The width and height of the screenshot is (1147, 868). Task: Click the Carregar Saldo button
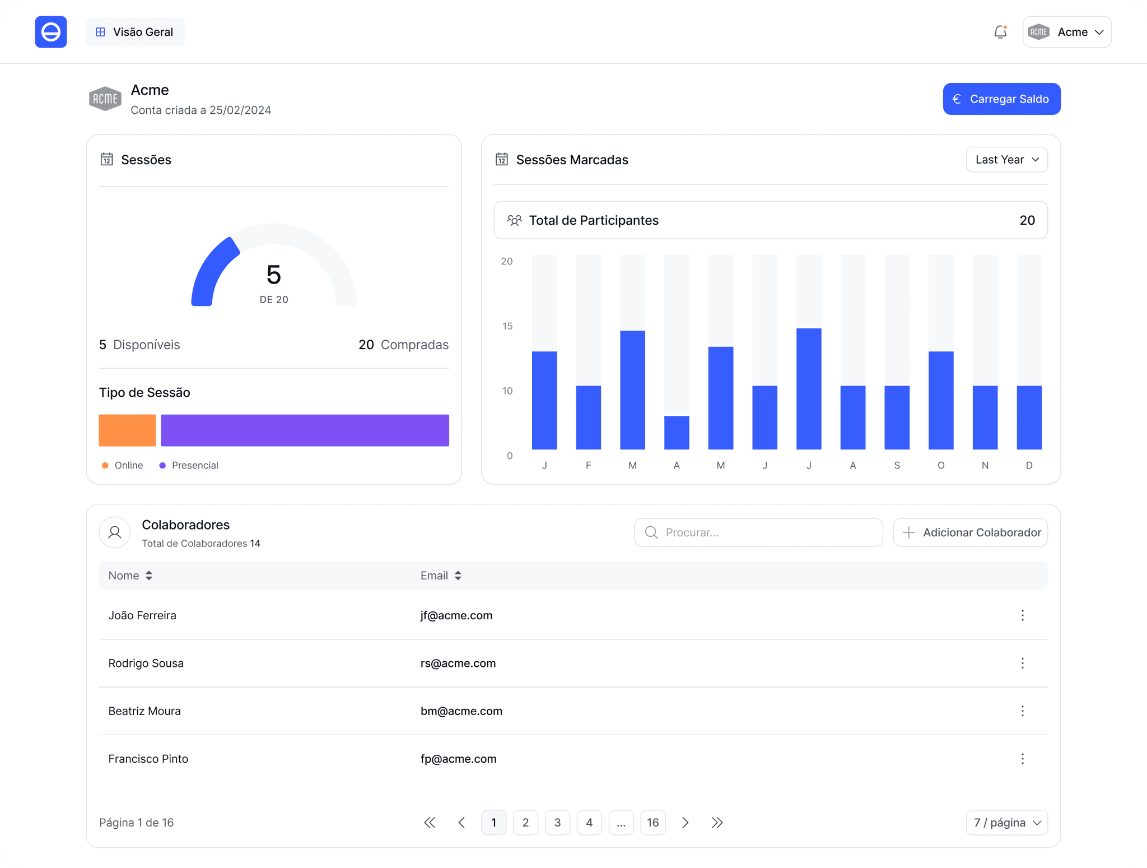[x=1001, y=99]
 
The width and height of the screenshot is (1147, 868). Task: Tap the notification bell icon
[x=1000, y=32]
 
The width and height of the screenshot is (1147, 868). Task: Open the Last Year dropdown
[x=1006, y=160]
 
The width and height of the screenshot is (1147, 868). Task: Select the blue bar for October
[x=941, y=400]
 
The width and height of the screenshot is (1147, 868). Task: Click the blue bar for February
[x=588, y=417]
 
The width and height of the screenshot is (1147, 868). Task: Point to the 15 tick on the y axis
[x=507, y=326]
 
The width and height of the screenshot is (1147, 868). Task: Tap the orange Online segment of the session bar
[x=127, y=430]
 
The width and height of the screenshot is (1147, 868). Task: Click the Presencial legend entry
[x=189, y=465]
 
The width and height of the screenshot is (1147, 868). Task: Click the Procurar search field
[x=758, y=532]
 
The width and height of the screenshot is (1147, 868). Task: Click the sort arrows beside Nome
[x=149, y=575]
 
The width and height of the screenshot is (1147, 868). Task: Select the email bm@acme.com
[x=461, y=711]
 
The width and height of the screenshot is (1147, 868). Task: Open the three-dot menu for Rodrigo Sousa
[x=1023, y=663]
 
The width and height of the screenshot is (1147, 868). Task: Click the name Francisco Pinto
[x=148, y=759]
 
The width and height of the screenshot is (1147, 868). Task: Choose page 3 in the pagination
[x=557, y=823]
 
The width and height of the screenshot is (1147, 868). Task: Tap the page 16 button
[x=653, y=823]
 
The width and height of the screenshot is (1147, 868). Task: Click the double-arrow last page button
[x=717, y=823]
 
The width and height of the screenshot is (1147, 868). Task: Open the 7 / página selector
[x=1006, y=823]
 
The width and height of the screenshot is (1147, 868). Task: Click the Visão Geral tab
[x=135, y=32]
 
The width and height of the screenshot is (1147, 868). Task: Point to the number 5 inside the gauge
[x=274, y=275]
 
